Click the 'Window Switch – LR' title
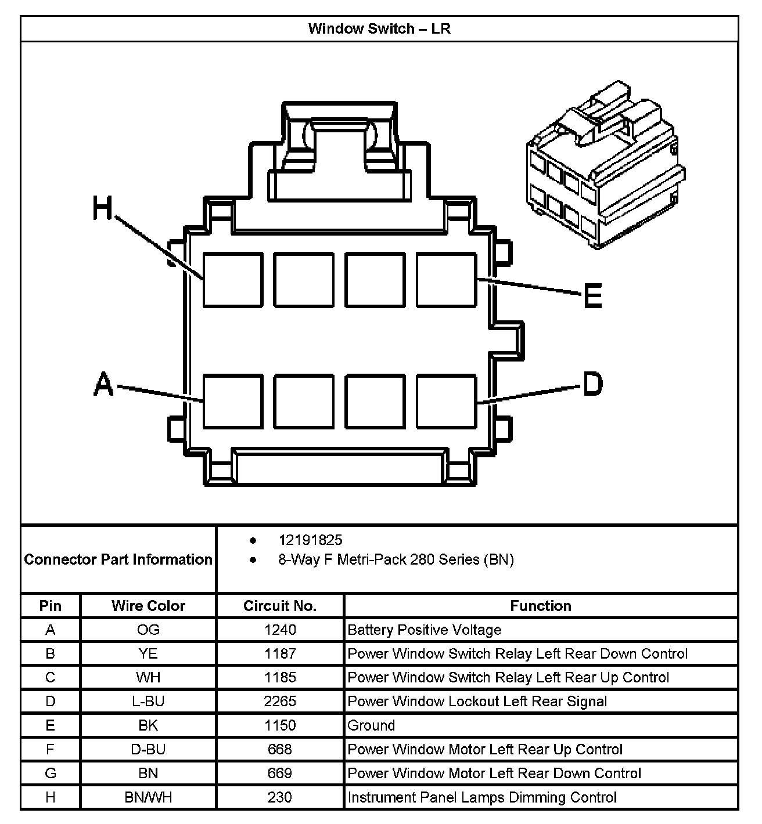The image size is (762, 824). pos(379,28)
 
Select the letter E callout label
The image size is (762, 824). pos(592,296)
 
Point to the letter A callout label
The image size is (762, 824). pos(103,384)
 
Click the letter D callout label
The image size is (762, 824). pos(592,384)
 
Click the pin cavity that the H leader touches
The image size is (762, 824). pos(232,280)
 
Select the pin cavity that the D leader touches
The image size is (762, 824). pos(446,402)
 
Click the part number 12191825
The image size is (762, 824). pos(310,540)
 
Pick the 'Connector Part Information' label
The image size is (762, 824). pos(118,559)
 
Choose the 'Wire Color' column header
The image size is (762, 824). pos(148,606)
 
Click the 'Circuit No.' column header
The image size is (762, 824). pos(279,606)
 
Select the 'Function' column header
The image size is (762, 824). pos(540,606)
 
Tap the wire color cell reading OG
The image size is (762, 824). pos(148,630)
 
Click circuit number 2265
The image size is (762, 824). pos(279,701)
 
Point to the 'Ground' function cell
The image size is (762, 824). pos(371,725)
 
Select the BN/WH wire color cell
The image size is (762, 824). pos(148,797)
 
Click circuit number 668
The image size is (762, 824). pos(279,749)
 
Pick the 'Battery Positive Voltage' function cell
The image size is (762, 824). pos(424,630)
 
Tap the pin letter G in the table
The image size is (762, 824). pos(51,773)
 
